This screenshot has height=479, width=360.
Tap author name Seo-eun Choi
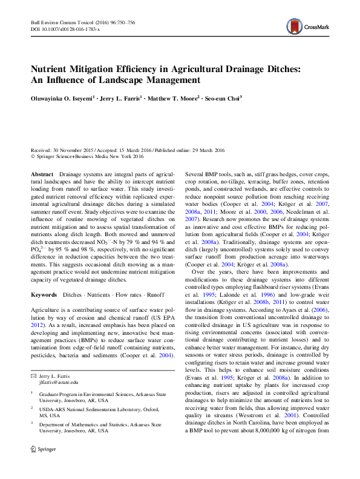point(223,97)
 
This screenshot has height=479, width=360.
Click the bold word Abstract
point(42,174)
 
